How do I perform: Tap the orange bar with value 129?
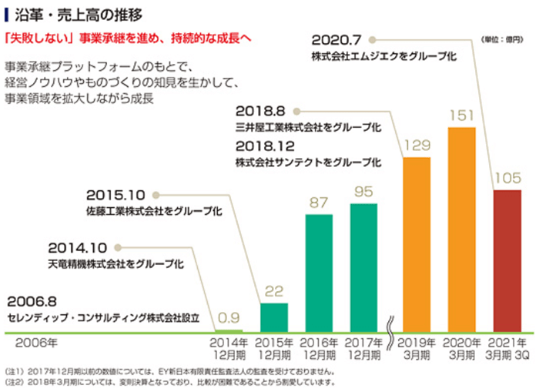tap(417, 245)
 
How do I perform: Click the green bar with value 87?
tap(319, 273)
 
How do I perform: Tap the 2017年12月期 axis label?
tap(363, 347)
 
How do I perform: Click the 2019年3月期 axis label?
tap(417, 347)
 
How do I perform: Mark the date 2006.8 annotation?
tap(32, 301)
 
